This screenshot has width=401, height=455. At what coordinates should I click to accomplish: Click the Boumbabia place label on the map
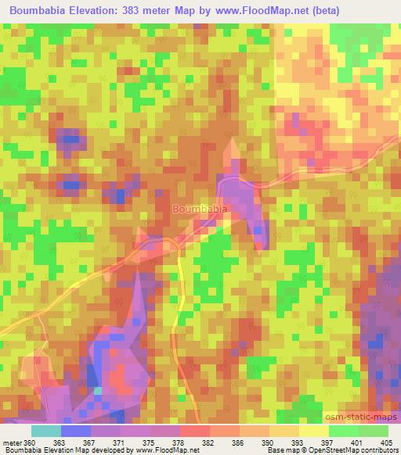pyautogui.click(x=200, y=210)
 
